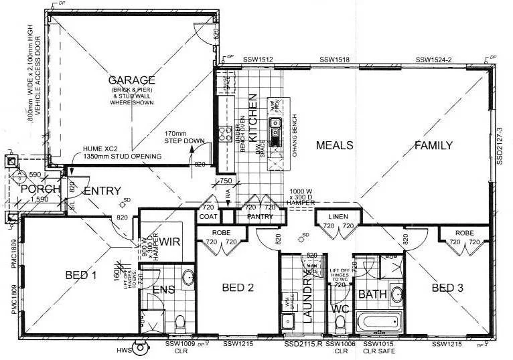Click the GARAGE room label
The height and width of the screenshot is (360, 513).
(132, 80)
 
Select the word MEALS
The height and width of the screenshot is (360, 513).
(334, 145)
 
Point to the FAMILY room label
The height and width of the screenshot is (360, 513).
(433, 145)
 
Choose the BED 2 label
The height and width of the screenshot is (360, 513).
(237, 288)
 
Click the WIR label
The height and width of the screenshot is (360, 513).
(167, 240)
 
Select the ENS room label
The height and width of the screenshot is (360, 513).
(164, 290)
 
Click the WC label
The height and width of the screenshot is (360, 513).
(341, 310)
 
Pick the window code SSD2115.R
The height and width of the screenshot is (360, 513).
(302, 344)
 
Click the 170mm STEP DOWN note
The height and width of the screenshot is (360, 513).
(184, 137)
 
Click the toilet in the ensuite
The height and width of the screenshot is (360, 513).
(179, 323)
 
